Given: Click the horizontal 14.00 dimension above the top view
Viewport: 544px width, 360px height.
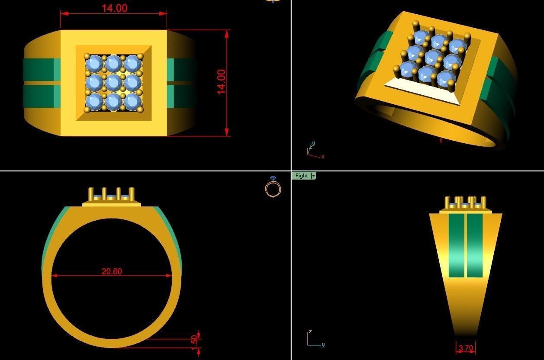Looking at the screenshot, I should pyautogui.click(x=114, y=8).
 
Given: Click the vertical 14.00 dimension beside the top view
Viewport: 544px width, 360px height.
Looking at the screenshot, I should pyautogui.click(x=221, y=81).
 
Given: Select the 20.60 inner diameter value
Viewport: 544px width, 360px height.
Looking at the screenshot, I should pyautogui.click(x=112, y=271).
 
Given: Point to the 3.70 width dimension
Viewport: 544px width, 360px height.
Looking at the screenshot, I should pyautogui.click(x=466, y=348).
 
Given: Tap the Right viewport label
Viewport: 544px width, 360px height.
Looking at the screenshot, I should pyautogui.click(x=301, y=176).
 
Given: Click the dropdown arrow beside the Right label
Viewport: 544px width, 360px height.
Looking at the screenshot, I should pyautogui.click(x=313, y=176).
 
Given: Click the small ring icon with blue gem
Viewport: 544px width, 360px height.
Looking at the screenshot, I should pyautogui.click(x=273, y=187).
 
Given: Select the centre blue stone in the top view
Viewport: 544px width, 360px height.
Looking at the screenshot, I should pyautogui.click(x=113, y=82).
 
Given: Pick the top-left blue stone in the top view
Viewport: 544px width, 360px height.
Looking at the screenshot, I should pyautogui.click(x=94, y=64).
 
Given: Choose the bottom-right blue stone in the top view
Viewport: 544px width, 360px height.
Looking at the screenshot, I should pyautogui.click(x=132, y=101).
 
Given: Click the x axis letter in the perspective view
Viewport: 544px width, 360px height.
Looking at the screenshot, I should pyautogui.click(x=323, y=157).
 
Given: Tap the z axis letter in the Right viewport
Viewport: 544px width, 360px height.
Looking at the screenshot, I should pyautogui.click(x=310, y=332).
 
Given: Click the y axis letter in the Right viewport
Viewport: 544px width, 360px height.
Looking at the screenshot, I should pyautogui.click(x=323, y=345).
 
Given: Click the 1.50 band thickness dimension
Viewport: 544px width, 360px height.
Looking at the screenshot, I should pyautogui.click(x=194, y=341).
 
